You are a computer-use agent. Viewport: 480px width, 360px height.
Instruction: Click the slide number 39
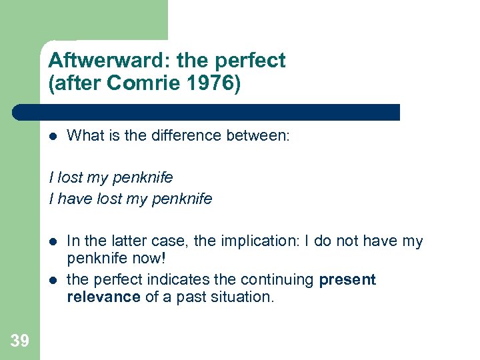click(20, 341)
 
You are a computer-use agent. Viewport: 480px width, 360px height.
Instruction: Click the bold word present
click(347, 279)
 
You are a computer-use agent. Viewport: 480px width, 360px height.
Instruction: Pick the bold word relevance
click(103, 297)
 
